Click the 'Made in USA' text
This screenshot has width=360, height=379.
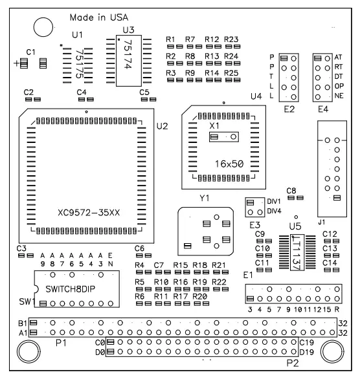(x=99, y=15)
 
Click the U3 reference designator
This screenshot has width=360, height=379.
(x=128, y=30)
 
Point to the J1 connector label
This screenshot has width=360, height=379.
(x=322, y=222)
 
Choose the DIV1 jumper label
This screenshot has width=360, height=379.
(x=274, y=201)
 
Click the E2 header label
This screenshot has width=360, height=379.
(x=289, y=109)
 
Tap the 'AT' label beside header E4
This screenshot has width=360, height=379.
(x=337, y=58)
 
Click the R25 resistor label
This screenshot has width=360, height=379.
(x=232, y=73)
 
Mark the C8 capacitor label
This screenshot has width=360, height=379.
(x=291, y=190)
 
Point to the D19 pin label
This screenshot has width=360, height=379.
(x=307, y=352)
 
